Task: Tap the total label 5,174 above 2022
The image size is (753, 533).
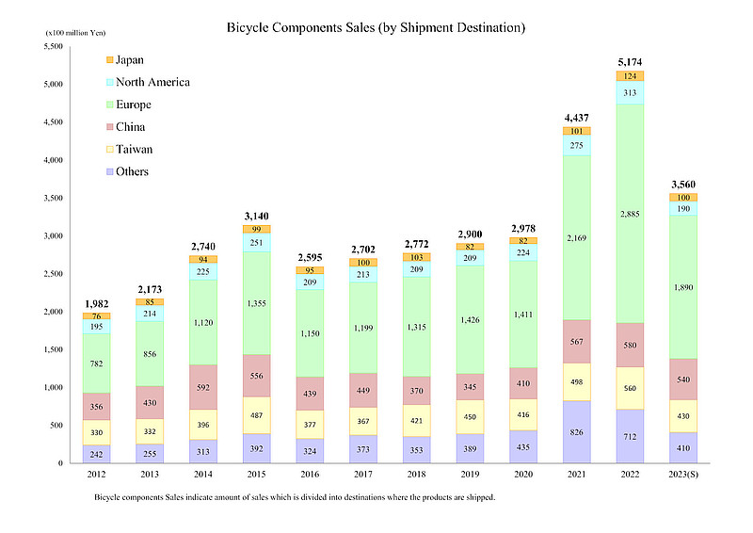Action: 630,62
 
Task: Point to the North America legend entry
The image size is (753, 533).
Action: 153,82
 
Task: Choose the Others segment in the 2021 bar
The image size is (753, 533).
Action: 577,431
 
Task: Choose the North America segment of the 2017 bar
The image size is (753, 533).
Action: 363,274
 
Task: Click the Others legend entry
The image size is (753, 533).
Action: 133,171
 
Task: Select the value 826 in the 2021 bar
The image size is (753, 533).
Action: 577,432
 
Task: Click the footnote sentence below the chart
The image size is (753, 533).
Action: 294,497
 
